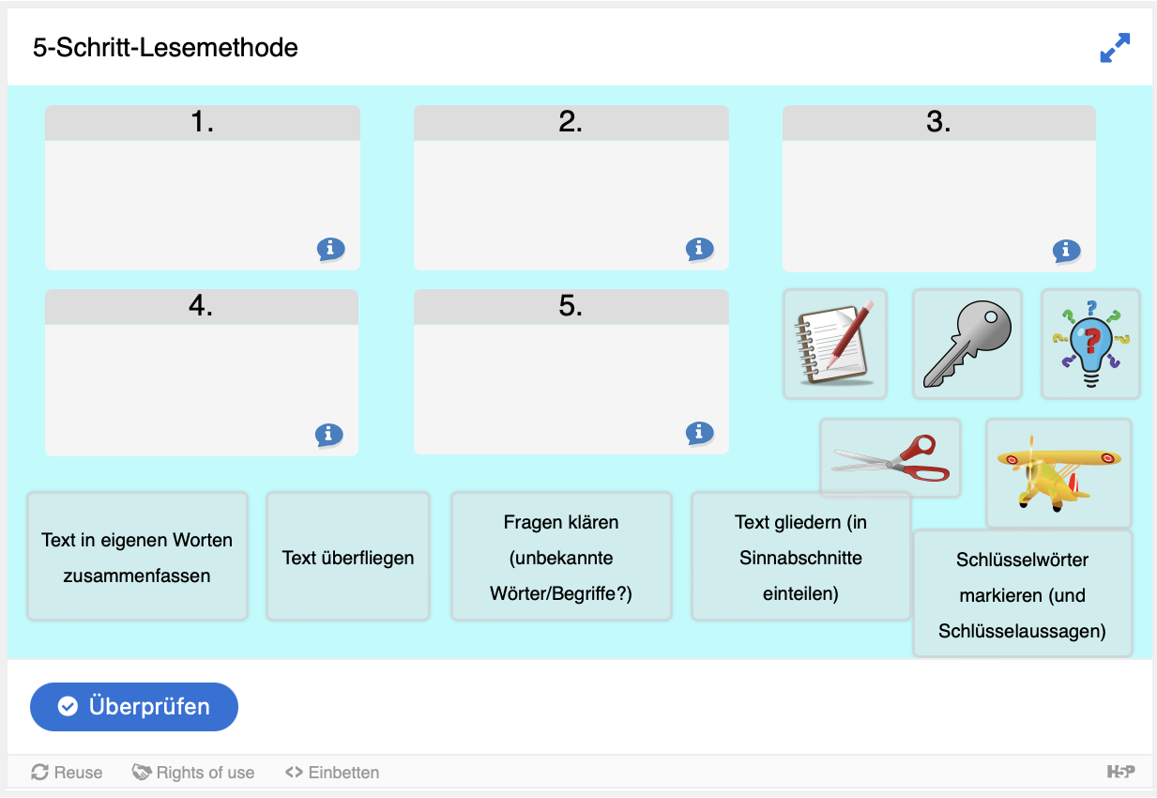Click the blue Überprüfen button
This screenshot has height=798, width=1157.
click(134, 707)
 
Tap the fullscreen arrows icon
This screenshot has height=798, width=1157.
click(1115, 48)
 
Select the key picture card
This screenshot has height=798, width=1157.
click(967, 344)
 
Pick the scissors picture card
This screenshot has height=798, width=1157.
click(890, 458)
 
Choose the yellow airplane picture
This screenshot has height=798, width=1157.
click(1058, 473)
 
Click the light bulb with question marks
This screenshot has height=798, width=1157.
click(1090, 344)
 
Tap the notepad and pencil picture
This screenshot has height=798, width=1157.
click(835, 344)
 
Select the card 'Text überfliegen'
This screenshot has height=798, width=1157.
click(348, 556)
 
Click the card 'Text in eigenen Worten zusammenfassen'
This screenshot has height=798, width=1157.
click(137, 556)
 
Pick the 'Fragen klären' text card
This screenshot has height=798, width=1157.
click(561, 556)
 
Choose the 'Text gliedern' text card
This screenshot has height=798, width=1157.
click(800, 556)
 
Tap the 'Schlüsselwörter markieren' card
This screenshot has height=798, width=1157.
click(1022, 594)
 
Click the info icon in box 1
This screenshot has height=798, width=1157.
click(330, 249)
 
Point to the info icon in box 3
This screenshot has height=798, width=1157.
click(1066, 252)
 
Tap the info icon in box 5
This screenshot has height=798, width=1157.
click(699, 433)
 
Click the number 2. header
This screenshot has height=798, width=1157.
click(571, 122)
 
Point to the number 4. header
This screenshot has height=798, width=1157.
click(201, 306)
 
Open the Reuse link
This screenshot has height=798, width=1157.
click(67, 772)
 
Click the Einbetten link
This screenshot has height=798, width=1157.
click(332, 772)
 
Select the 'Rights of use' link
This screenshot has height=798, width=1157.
click(193, 772)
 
